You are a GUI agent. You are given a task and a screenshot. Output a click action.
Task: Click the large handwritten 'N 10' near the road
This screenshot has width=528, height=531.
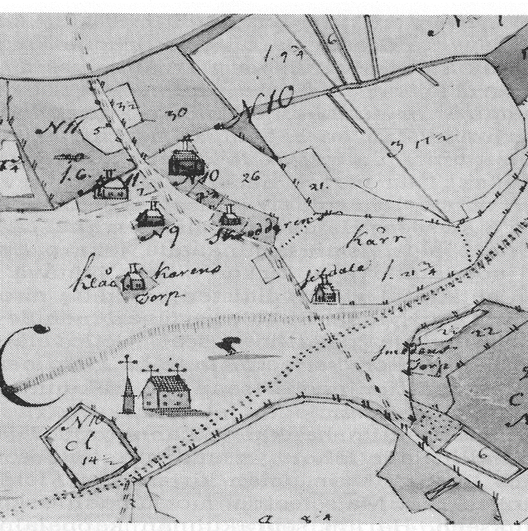pos(266,105)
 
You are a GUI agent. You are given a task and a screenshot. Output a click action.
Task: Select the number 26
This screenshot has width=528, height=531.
pos(250,177)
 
